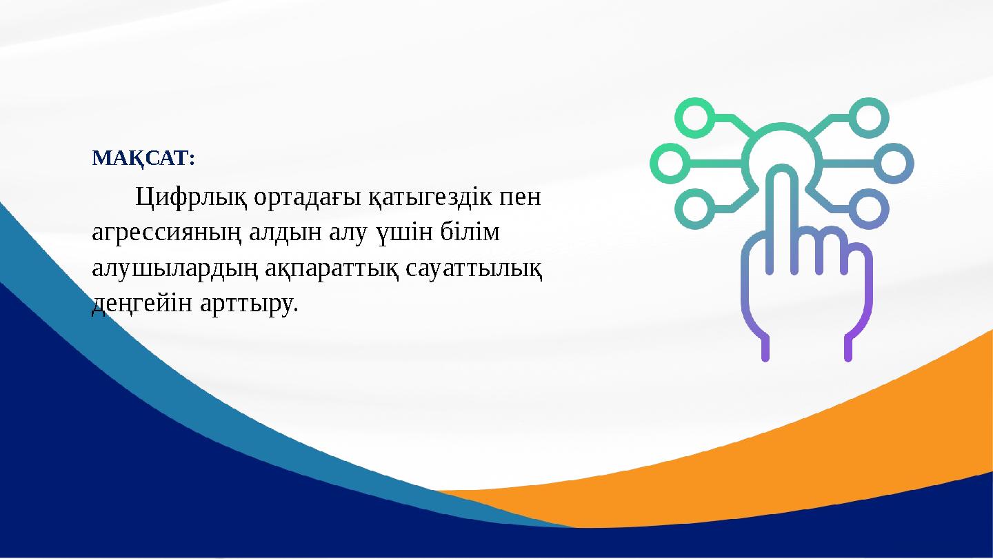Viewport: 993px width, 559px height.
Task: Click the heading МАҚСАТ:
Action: (x=143, y=159)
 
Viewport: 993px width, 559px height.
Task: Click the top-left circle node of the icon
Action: (x=694, y=117)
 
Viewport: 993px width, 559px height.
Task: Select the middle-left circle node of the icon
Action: (x=670, y=164)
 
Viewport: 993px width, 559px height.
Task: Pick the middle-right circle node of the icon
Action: (x=893, y=164)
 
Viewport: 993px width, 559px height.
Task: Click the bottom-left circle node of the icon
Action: (x=694, y=208)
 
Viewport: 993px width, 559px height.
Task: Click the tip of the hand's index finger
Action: (x=781, y=176)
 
